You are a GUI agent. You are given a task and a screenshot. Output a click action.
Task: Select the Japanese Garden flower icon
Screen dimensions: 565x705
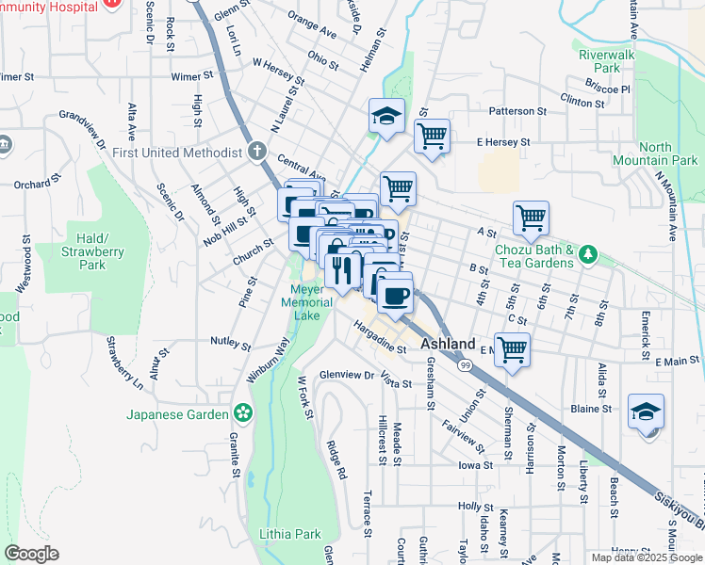coord(243,413)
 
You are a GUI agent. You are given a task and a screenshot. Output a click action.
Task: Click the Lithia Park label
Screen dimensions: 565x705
coord(289,534)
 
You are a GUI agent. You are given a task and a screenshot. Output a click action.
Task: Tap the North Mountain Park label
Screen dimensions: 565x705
coord(668,154)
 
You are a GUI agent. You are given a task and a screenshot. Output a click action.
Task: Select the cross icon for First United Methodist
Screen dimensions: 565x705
coord(256,152)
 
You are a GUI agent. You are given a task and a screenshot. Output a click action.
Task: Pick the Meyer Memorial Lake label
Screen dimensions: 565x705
coord(312,301)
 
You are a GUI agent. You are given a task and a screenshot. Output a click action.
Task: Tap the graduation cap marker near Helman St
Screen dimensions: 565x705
coord(386,117)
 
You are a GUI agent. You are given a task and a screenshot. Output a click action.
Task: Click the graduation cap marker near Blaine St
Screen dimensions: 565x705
coord(647,412)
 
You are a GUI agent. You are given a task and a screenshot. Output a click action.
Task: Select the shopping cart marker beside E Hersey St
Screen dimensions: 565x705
coord(432,137)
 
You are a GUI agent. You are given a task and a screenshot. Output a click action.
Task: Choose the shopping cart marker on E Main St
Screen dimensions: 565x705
coord(512,349)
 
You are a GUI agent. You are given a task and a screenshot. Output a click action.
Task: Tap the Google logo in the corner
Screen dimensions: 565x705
coord(33,553)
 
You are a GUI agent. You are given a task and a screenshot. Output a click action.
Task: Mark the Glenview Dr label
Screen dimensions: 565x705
coord(347,374)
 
